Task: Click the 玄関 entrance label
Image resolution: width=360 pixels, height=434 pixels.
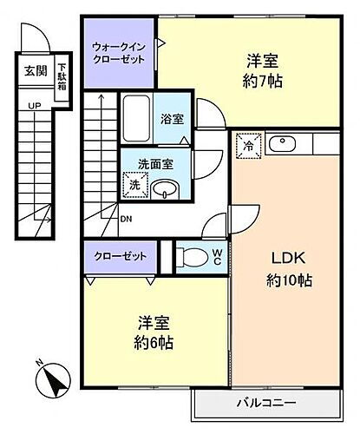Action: click(x=35, y=71)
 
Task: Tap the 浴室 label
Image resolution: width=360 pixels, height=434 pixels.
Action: click(x=170, y=120)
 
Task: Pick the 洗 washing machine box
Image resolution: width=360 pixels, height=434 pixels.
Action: click(x=134, y=184)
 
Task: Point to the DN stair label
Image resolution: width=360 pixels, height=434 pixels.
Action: click(x=127, y=219)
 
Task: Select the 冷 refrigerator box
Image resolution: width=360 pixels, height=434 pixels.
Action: click(x=247, y=145)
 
